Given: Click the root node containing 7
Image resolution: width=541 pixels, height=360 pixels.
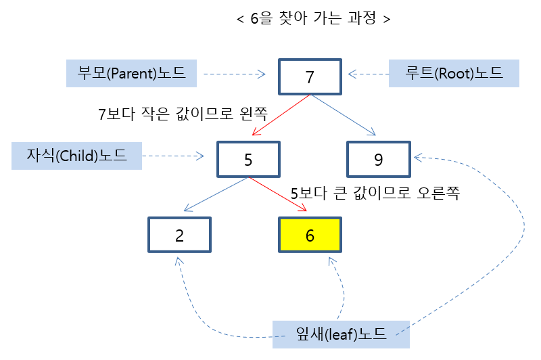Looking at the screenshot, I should coord(310,76).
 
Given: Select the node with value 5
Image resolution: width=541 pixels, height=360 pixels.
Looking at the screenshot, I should coord(248,159).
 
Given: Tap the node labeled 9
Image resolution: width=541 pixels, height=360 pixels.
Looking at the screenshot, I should coord(377,159).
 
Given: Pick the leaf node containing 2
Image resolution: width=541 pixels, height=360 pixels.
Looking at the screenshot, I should coord(179,235).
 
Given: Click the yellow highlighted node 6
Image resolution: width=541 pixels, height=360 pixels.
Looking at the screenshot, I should coord(310,235).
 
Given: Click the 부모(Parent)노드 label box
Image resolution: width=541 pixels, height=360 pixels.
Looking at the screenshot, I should coord(132,73).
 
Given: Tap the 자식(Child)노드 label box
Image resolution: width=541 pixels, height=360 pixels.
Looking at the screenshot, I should coord(78,156).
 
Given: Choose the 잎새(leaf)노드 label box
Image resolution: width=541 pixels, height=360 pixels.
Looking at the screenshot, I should coord(341,334).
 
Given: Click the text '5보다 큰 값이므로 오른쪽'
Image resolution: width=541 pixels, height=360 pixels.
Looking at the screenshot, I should coord(375,194).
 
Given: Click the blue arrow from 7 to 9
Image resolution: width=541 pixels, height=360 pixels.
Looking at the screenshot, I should coord(344,114).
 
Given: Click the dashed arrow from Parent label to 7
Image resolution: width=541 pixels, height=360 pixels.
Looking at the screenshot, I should coord(234,74).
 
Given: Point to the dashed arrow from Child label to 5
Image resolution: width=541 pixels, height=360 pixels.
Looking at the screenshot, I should coord(174,156).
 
